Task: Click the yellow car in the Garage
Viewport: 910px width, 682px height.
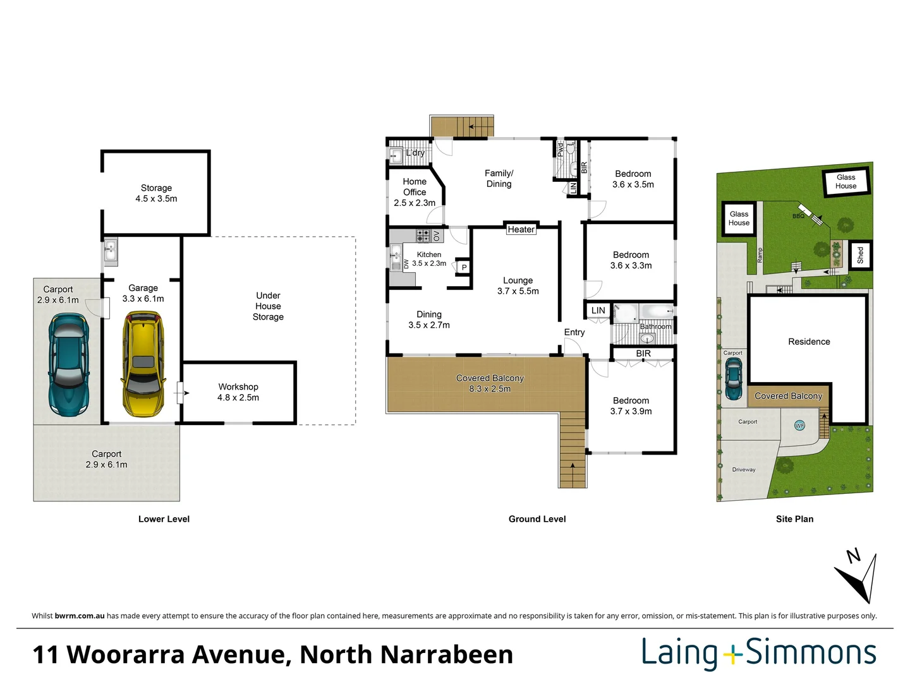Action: click(143, 364)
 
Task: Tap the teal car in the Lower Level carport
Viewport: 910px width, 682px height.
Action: click(68, 364)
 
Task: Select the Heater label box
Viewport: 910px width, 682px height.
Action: click(521, 229)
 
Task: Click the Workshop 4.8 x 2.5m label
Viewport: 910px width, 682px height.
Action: click(238, 392)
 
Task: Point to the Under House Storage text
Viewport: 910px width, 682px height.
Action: click(268, 306)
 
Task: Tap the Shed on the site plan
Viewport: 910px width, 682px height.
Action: click(860, 255)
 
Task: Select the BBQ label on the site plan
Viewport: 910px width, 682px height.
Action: click(798, 216)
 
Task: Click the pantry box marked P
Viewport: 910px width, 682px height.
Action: click(464, 268)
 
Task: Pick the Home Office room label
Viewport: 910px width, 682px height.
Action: click(415, 192)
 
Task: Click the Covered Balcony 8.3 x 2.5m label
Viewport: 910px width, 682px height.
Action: click(490, 383)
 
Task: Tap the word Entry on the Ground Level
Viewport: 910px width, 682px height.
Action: click(574, 332)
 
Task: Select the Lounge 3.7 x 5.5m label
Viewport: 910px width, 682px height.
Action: click(518, 285)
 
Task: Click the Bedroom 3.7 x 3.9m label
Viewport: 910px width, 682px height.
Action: click(631, 405)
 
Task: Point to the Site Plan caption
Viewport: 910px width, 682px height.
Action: click(794, 519)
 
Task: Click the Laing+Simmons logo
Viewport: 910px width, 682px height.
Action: click(759, 654)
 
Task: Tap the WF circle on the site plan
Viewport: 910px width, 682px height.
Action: click(799, 426)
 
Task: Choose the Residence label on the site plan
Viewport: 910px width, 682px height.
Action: click(809, 342)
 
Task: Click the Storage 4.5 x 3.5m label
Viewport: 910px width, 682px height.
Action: click(156, 193)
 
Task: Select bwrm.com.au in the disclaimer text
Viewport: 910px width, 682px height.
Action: click(80, 616)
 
